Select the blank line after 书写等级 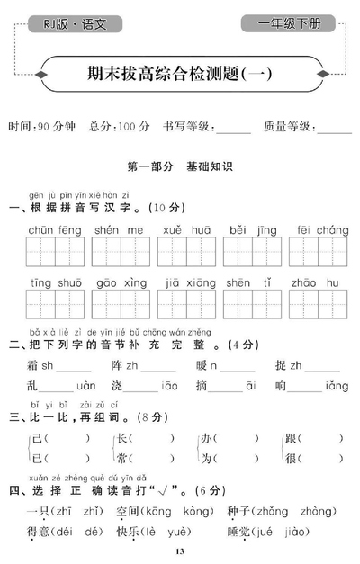pos(233,130)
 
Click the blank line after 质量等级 pos(334,130)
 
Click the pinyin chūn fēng pos(55,230)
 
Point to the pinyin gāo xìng pos(121,282)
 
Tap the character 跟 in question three pos(290,439)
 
